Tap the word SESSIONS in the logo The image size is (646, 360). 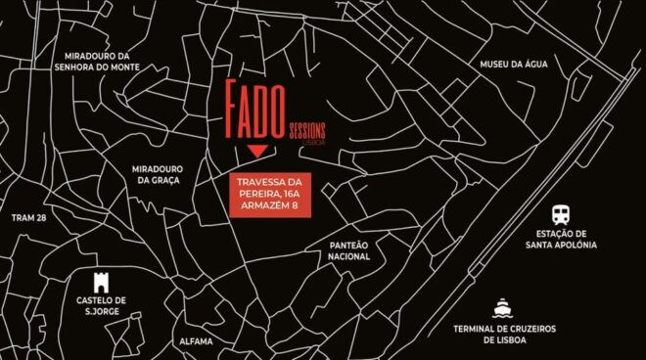[307, 130]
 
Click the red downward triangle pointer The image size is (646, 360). [256, 152]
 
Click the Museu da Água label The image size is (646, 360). [510, 65]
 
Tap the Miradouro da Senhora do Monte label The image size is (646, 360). [98, 62]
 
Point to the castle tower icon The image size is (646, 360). [101, 281]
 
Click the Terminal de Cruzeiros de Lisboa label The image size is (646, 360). [504, 334]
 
